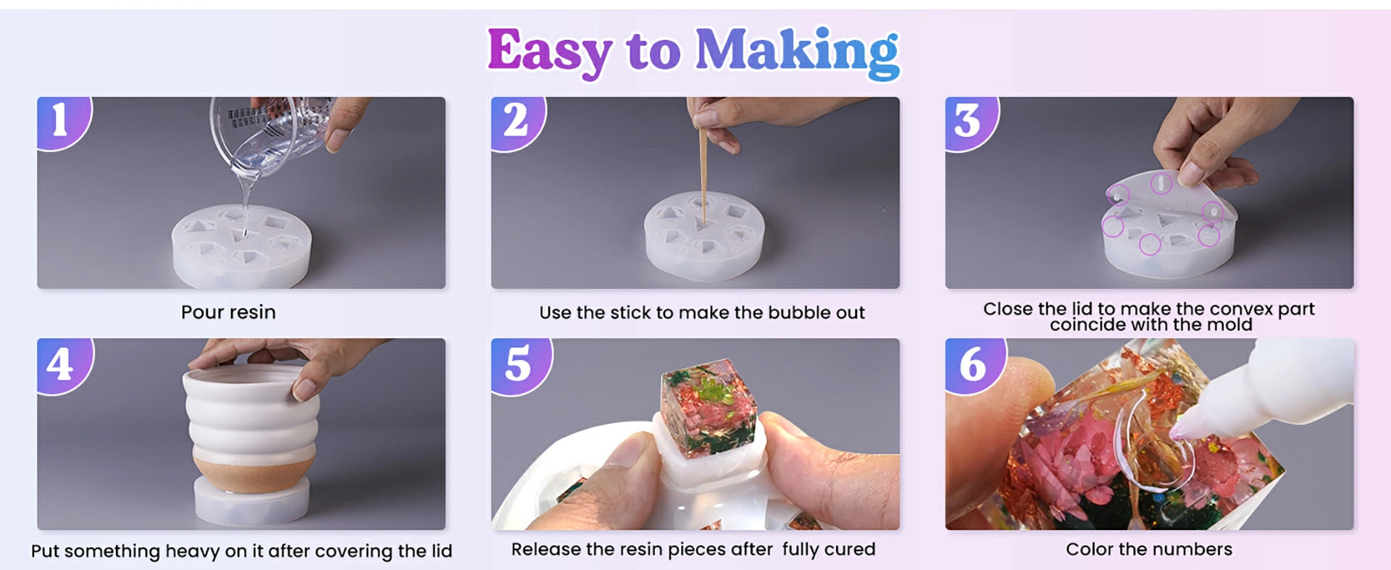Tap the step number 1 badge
[x=62, y=122]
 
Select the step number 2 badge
[x=517, y=122]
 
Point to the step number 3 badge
[x=971, y=122]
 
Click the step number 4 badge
[x=64, y=364]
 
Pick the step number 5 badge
[x=519, y=364]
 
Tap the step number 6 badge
[x=974, y=364]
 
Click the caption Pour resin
[x=228, y=312]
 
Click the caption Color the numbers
[x=1149, y=549]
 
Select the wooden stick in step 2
[x=702, y=170]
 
